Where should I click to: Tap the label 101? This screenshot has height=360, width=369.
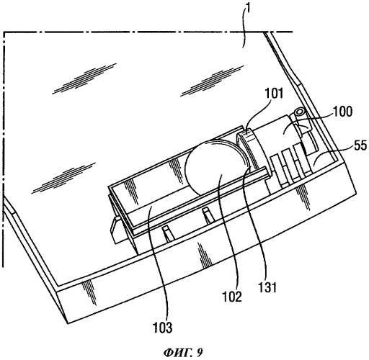click(x=274, y=93)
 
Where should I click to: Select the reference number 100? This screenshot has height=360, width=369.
click(x=343, y=112)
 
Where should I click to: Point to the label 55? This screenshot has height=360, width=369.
click(x=360, y=145)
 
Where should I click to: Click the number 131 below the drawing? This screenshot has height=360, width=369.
click(x=268, y=287)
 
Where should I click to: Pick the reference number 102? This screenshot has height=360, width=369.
click(x=232, y=297)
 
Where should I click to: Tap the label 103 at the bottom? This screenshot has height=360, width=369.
click(x=163, y=328)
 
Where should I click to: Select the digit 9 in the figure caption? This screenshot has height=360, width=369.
click(x=200, y=353)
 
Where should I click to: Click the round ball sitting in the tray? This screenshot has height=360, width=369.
click(x=215, y=168)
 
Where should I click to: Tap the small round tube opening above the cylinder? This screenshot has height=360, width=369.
click(x=300, y=112)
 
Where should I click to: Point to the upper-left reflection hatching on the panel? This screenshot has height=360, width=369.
click(x=84, y=78)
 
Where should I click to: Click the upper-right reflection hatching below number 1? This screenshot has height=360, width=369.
click(x=211, y=80)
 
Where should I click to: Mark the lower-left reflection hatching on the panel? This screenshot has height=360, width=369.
click(x=63, y=178)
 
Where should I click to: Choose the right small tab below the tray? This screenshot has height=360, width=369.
click(x=208, y=215)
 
